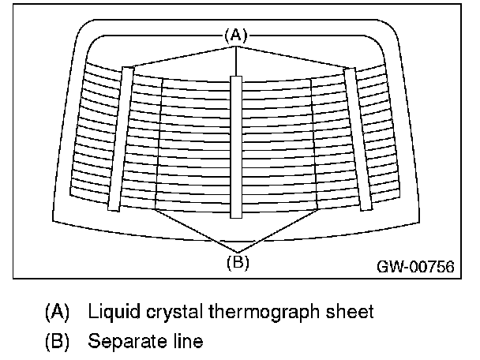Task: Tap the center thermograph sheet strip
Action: [235, 146]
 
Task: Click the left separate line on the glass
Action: [159, 142]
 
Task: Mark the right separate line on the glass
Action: [314, 142]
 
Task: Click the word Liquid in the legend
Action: [111, 311]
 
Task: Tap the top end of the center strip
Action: [235, 79]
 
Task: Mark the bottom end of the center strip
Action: [235, 214]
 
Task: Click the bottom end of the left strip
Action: [114, 208]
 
